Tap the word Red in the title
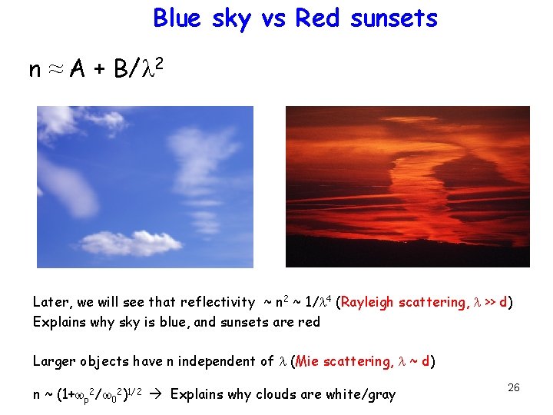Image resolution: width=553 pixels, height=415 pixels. point(316,18)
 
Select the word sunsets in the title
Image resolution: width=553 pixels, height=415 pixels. point(393,18)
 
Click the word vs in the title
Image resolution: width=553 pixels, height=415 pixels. point(271,18)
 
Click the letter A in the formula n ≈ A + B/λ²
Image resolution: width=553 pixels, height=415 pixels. point(77,70)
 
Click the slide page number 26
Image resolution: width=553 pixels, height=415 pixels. point(513,387)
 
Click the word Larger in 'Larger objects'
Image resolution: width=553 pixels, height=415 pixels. point(54,361)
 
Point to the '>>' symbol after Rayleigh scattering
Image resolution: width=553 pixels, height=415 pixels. point(489,302)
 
